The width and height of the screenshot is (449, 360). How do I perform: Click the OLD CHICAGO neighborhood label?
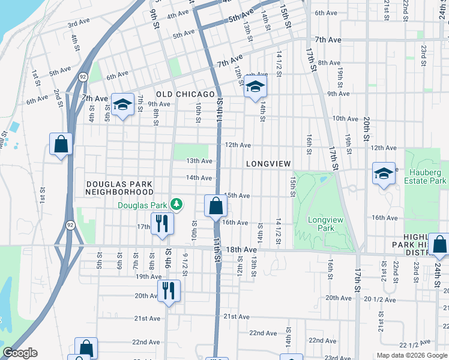pyautogui.click(x=185, y=95)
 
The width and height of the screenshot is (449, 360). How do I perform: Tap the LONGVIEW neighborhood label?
pyautogui.click(x=268, y=164)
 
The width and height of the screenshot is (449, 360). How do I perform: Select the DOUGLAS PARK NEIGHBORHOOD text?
pyautogui.click(x=119, y=188)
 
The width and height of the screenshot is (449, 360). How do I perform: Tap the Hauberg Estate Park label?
pyautogui.click(x=426, y=176)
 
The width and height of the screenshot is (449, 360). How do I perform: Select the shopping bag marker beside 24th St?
pyautogui.click(x=439, y=244)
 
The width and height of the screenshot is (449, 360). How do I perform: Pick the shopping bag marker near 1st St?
pyautogui.click(x=61, y=144)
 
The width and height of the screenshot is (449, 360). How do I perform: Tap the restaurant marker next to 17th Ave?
pyautogui.click(x=162, y=224)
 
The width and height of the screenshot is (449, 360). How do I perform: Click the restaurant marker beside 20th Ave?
pyautogui.click(x=169, y=291)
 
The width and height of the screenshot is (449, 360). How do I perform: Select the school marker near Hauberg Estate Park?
pyautogui.click(x=384, y=173)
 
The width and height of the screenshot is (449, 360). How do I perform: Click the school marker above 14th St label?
pyautogui.click(x=255, y=87)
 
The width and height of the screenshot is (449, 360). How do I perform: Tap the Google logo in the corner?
pyautogui.click(x=20, y=353)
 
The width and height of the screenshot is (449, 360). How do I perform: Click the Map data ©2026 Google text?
pyautogui.click(x=411, y=355)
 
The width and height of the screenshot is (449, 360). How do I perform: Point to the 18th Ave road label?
pyautogui.click(x=241, y=249)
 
